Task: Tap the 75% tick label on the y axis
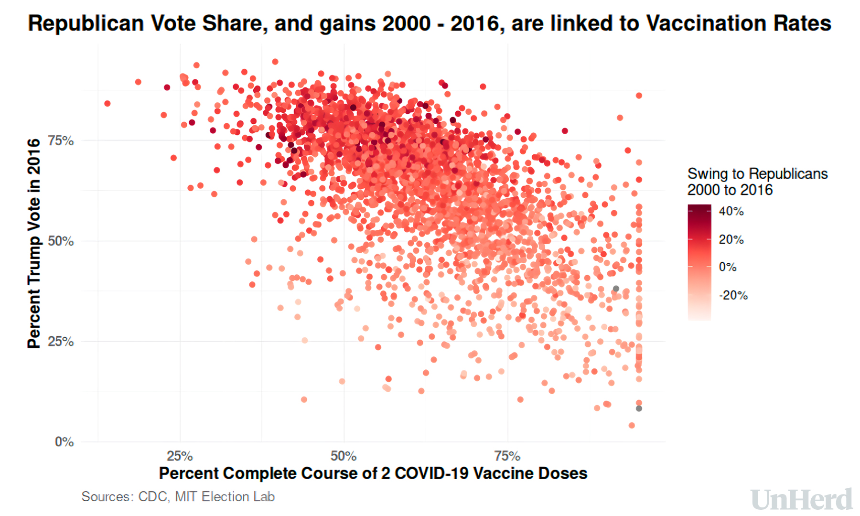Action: coord(61,141)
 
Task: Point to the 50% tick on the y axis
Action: coord(61,241)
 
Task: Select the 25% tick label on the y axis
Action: coord(61,342)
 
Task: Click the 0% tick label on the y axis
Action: coord(64,442)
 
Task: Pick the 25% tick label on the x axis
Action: coord(180,456)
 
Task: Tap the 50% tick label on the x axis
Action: coord(344,456)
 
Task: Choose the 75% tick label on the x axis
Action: coord(507,456)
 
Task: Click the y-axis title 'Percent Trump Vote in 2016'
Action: coord(34,244)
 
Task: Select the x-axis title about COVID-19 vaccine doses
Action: coord(373,473)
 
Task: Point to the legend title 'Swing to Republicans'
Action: coord(757,174)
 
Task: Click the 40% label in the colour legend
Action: coord(731,212)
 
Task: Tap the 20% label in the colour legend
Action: coord(731,240)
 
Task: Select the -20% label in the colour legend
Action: coord(733,296)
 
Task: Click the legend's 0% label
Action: coord(728,268)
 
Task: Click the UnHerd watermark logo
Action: coord(801,500)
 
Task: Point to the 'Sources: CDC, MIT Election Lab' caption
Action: coord(178,497)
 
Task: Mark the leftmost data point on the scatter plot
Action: coord(107,104)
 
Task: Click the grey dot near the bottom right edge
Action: coord(639,408)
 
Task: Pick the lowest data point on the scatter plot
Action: coord(632,425)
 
